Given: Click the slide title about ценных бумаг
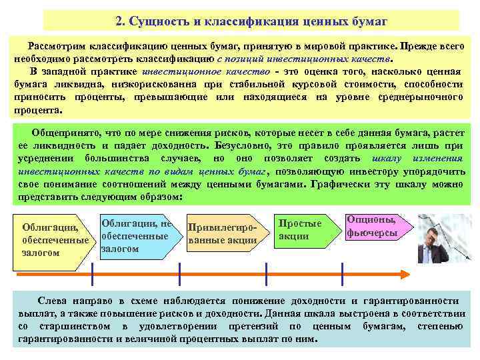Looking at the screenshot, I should coord(251,21).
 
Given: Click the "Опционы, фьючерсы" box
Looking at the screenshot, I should coord(372,227).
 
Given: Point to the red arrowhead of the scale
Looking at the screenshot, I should coord(405,273).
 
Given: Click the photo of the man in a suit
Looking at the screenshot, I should coord(441,239).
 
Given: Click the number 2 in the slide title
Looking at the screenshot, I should coord(118,21).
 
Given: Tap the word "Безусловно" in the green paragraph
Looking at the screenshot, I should coord(241,145).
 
